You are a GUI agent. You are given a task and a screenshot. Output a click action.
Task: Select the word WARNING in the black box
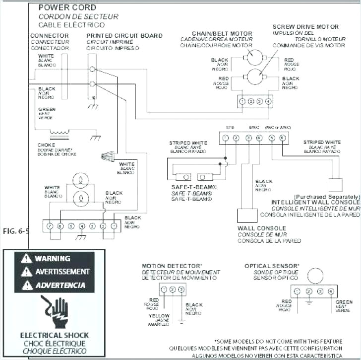point(52,259)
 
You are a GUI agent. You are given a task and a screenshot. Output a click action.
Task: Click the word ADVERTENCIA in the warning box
point(60,286)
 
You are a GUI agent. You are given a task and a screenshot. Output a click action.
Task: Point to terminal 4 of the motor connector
point(268,101)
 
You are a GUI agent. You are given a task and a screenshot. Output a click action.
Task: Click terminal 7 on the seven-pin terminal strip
point(50,226)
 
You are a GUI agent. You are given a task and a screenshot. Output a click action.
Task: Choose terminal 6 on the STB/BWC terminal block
point(283,138)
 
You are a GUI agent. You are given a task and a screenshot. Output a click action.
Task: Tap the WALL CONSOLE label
point(259,229)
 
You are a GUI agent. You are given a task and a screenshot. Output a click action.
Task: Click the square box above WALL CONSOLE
point(247,215)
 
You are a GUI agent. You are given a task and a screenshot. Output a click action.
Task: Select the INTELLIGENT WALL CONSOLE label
point(315,203)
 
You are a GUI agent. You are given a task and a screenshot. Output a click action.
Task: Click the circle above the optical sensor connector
point(314,276)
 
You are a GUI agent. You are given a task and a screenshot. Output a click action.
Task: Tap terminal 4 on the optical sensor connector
point(331,291)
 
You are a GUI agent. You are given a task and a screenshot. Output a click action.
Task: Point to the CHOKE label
point(46,145)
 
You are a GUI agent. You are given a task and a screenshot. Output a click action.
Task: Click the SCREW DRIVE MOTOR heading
point(305,26)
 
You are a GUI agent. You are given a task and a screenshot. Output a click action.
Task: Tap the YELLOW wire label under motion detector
point(159,316)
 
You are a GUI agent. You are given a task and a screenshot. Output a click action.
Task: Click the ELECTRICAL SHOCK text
point(55,335)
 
